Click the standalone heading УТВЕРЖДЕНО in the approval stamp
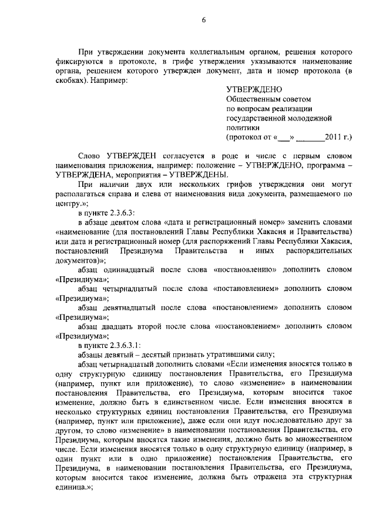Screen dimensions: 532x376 pos(250,89)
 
